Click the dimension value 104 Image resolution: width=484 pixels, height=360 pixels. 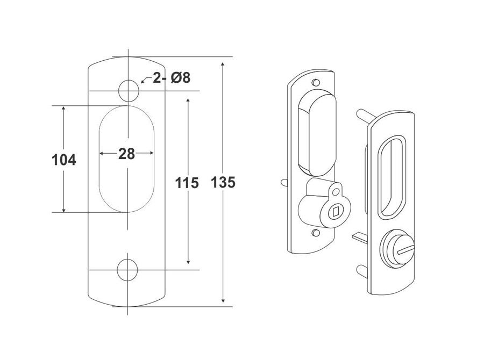point(63,160)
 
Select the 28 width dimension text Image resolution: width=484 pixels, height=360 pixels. point(126,154)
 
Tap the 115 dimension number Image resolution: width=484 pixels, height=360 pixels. point(187,183)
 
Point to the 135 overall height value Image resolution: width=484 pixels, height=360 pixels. point(224,183)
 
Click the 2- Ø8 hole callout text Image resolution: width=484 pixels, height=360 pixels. point(171,78)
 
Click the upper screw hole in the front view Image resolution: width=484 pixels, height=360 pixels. point(128,90)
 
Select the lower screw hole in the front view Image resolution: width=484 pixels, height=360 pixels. point(128,270)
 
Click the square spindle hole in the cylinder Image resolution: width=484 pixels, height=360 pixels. point(334,211)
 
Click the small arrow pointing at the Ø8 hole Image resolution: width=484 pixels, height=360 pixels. point(144,81)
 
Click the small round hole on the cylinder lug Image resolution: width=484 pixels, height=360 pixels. point(337,191)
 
